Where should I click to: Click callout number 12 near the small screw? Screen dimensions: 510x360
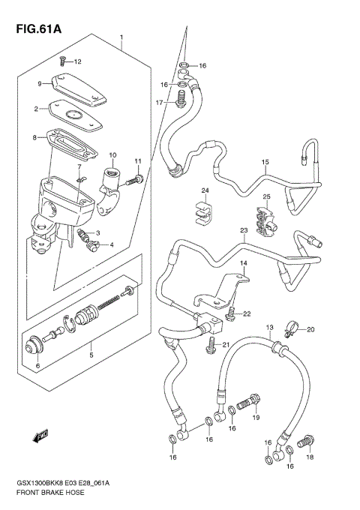pos(77,61)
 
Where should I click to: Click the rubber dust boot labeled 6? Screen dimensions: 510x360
pos(33,346)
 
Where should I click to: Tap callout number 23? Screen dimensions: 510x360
pos(244,230)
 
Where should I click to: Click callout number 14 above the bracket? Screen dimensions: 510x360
pos(243,264)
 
